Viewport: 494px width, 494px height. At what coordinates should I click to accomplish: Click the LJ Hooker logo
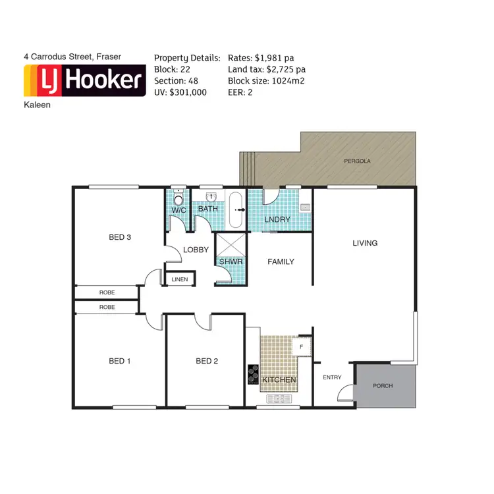click(x=84, y=81)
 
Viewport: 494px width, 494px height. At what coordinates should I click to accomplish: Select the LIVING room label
click(x=365, y=243)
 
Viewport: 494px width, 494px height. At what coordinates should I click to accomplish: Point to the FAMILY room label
click(x=281, y=261)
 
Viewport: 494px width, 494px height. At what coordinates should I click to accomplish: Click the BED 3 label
click(x=120, y=237)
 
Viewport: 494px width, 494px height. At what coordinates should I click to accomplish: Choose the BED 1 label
click(x=120, y=361)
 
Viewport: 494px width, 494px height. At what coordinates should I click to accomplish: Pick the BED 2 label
click(x=207, y=361)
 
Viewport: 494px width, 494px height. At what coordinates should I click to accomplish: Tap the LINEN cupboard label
click(x=179, y=279)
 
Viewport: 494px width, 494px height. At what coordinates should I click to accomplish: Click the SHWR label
click(x=231, y=261)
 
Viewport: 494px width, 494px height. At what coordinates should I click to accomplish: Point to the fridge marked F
click(x=302, y=346)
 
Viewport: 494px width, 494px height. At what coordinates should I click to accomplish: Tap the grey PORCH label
click(x=383, y=386)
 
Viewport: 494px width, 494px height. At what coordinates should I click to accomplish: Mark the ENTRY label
click(x=332, y=377)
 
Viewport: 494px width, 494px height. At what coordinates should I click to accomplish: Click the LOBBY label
click(x=196, y=250)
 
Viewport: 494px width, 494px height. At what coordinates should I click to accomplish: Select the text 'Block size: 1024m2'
click(x=266, y=81)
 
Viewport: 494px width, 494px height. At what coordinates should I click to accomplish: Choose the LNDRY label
click(x=277, y=219)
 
